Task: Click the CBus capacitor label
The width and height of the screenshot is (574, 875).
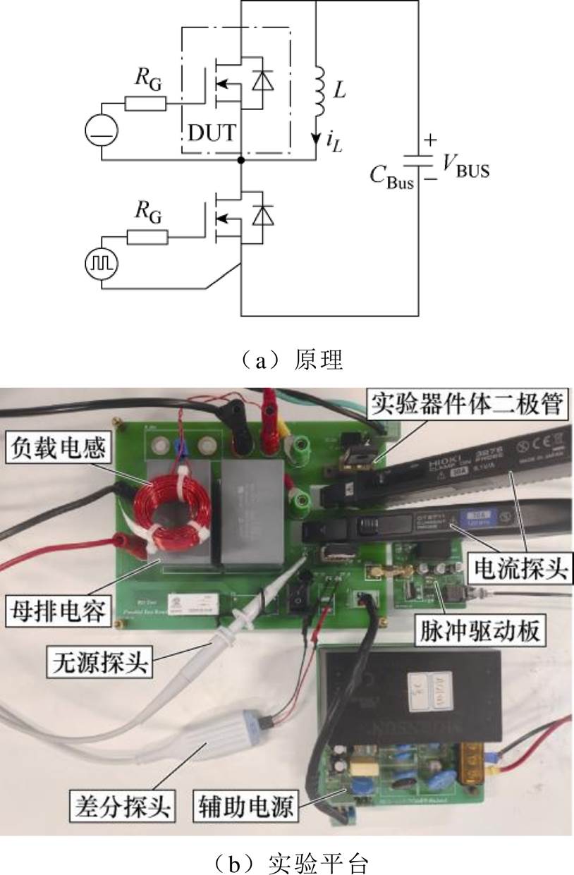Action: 391,173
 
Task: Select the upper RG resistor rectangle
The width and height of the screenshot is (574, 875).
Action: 146,104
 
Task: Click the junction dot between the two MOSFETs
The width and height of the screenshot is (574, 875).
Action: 241,160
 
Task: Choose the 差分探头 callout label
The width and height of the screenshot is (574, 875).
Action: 123,804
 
